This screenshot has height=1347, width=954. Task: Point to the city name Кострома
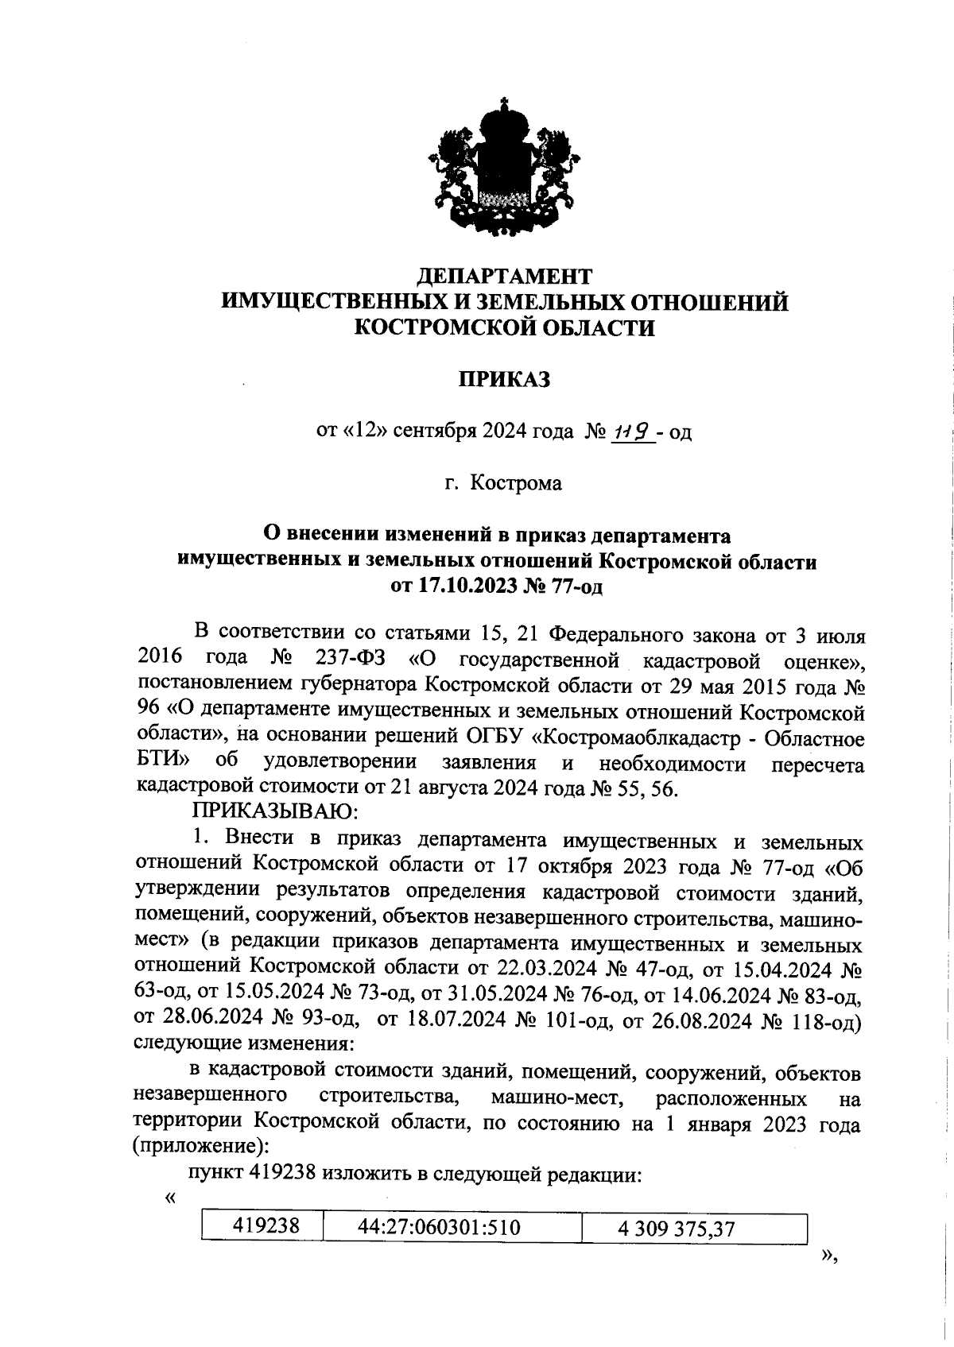[516, 482]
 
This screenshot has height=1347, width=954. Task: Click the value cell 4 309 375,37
[677, 1229]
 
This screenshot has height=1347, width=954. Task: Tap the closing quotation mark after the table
[829, 1255]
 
